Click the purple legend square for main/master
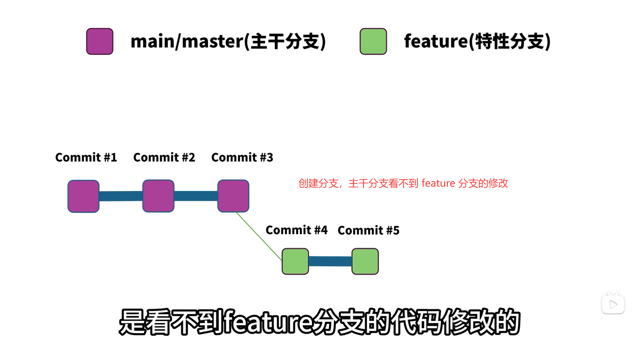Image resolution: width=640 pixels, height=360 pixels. click(100, 41)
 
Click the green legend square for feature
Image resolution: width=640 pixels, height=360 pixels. click(373, 41)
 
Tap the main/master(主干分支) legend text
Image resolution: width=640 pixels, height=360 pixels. click(228, 41)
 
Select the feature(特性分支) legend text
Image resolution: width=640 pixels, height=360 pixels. click(477, 41)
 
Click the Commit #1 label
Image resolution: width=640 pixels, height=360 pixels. click(86, 157)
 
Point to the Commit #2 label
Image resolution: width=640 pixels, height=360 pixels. click(164, 157)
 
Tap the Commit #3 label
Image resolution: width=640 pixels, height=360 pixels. click(242, 157)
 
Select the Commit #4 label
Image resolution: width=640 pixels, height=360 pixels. click(296, 230)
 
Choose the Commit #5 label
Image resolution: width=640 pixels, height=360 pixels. click(368, 230)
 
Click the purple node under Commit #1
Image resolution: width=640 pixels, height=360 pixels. click(83, 196)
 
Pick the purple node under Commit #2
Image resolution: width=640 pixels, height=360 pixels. click(158, 196)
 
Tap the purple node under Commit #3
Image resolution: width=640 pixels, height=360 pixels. click(233, 196)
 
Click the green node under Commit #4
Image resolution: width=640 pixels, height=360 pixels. click(295, 261)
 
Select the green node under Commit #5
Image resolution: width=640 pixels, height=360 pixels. click(365, 261)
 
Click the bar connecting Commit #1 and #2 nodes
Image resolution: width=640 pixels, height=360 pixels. click(121, 196)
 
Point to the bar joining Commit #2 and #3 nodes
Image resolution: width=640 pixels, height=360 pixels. click(196, 196)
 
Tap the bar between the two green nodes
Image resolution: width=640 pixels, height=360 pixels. click(330, 261)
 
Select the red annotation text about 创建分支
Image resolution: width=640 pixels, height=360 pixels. click(403, 183)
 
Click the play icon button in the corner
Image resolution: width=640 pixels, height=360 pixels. click(613, 304)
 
